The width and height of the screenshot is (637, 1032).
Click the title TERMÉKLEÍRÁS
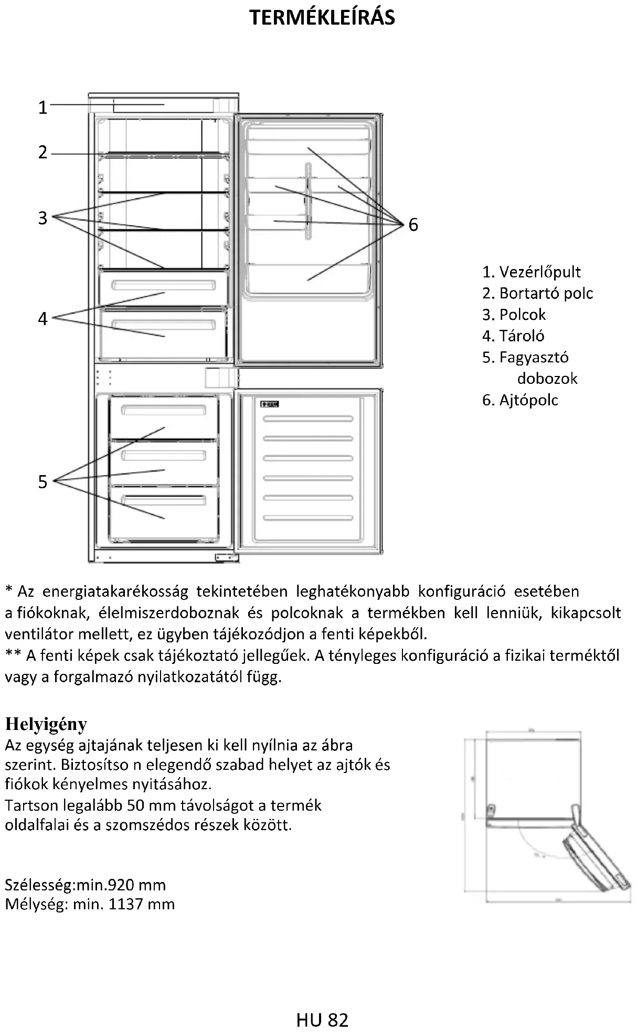(322, 18)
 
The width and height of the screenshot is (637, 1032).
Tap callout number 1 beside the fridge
(43, 107)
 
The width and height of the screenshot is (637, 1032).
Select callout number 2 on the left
(43, 153)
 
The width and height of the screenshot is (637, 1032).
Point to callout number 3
(43, 218)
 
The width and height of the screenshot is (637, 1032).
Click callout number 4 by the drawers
(43, 318)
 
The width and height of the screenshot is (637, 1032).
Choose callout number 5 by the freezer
(43, 481)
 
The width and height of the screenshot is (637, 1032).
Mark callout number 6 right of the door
(413, 225)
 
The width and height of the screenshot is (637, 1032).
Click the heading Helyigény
(46, 724)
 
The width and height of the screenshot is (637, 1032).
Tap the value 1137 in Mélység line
(125, 904)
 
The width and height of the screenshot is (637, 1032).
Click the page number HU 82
(322, 1020)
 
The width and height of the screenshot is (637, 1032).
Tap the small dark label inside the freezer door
(269, 404)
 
